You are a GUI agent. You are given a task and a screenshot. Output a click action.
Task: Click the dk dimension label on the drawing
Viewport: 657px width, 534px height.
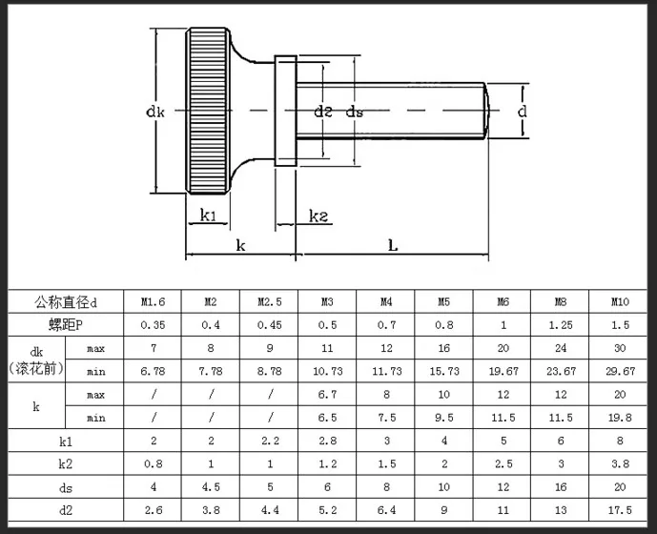155,112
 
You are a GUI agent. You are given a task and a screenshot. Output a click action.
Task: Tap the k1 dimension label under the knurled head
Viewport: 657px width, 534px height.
208,216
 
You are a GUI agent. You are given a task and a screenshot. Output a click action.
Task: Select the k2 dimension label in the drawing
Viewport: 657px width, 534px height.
318,216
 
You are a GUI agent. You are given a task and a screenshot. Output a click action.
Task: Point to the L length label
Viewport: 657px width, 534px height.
393,245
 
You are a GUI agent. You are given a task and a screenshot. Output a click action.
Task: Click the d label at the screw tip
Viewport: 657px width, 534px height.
523,112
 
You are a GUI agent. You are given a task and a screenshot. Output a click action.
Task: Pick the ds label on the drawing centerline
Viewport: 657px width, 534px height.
355,112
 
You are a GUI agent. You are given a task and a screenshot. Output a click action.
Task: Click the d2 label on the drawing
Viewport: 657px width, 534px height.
323,112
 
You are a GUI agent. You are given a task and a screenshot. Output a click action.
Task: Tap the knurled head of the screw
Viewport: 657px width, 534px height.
208,111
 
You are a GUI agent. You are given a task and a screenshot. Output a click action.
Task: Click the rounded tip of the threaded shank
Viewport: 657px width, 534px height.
486,111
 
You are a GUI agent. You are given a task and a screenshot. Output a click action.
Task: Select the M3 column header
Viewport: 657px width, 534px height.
327,301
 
